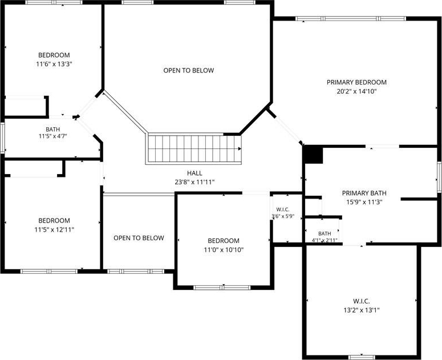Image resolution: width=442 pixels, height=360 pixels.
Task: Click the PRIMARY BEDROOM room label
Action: (356, 82)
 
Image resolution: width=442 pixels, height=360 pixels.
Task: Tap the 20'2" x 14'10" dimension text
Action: (356, 91)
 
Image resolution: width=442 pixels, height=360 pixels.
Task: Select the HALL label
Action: (194, 173)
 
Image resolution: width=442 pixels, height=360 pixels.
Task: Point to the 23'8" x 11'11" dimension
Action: (194, 182)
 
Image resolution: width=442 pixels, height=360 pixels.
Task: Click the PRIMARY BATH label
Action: (364, 193)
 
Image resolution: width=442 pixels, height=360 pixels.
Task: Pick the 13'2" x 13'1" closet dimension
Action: (362, 310)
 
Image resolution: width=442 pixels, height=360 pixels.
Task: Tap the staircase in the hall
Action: (194, 148)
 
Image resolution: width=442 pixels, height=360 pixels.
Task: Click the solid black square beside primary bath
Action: (313, 154)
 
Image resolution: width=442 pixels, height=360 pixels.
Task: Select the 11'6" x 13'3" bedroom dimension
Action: (54, 64)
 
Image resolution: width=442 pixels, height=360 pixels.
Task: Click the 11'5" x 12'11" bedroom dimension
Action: (54, 229)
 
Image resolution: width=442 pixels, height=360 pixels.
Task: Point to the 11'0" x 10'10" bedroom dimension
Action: (224, 250)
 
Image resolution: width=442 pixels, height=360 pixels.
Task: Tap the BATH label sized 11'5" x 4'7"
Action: (52, 130)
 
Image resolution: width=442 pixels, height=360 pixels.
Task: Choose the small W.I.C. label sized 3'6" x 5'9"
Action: (283, 210)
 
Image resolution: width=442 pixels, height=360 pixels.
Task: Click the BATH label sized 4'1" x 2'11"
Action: (325, 233)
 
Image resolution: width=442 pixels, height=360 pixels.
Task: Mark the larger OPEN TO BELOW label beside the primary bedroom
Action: (189, 71)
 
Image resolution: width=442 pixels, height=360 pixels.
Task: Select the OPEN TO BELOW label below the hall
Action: (139, 238)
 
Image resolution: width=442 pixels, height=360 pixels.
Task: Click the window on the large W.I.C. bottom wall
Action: (362, 357)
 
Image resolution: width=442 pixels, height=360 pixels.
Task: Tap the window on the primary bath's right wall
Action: (439, 177)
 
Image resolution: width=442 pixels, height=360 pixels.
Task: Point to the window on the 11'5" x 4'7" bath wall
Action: (3, 138)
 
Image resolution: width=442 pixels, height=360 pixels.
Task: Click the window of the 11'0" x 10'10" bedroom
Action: (222, 288)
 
